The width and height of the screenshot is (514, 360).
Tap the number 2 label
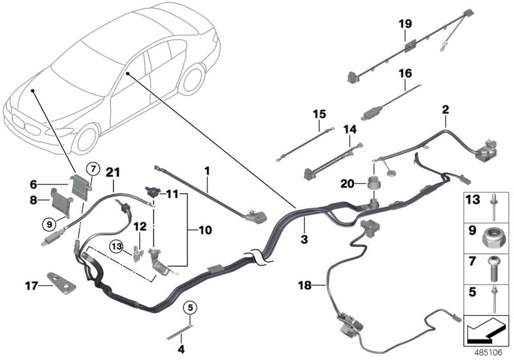(x=445, y=110)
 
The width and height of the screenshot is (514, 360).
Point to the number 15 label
(x=320, y=114)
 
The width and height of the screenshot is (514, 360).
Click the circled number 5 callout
(x=190, y=307)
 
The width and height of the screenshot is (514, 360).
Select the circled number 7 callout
(x=92, y=169)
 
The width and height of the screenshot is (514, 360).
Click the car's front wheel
(x=87, y=138)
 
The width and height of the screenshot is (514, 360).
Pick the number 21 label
(x=113, y=171)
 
